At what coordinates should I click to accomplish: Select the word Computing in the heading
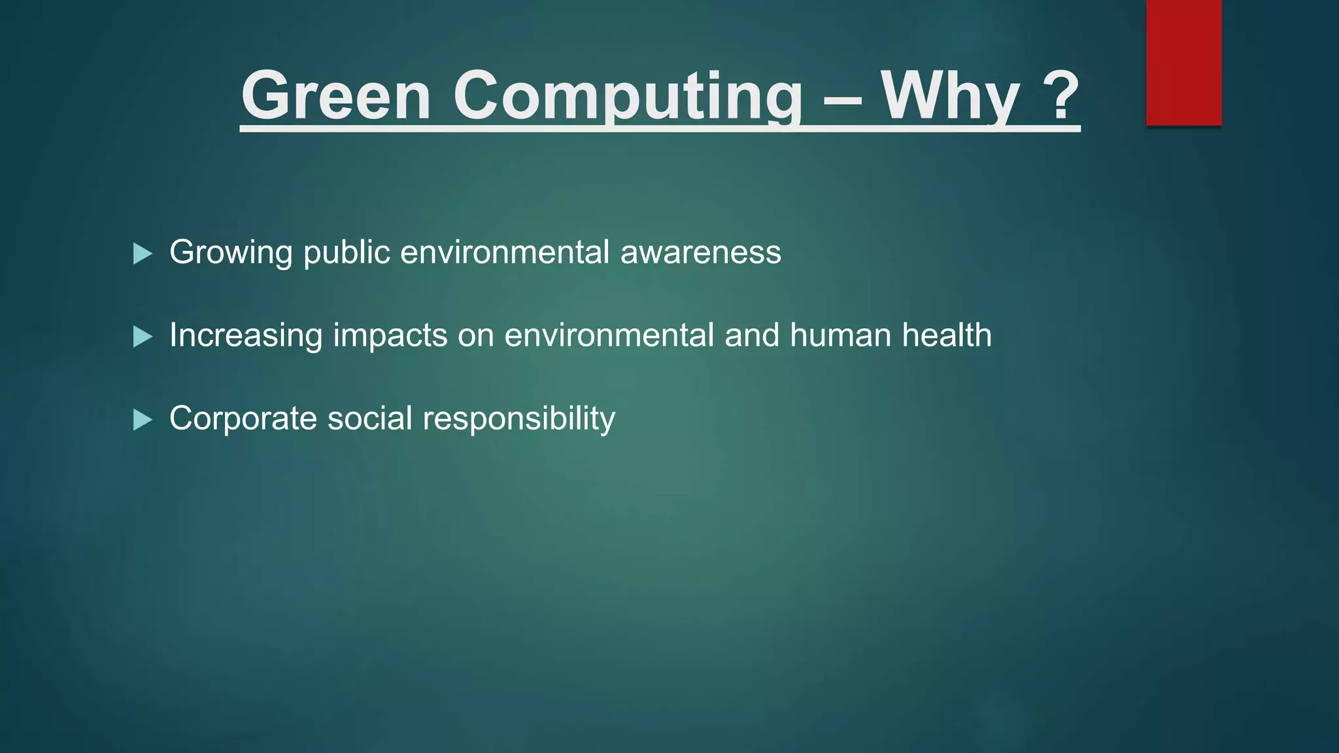coord(628,97)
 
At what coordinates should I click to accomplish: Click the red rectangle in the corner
coord(1183,63)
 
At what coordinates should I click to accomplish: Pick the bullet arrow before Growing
coord(143,253)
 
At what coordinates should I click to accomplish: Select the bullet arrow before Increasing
coord(143,337)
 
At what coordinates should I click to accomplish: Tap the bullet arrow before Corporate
coord(143,420)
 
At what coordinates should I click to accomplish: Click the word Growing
coord(231,253)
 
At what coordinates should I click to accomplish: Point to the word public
coord(347,253)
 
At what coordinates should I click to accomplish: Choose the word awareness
coord(700,252)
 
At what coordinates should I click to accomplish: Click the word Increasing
coord(246,335)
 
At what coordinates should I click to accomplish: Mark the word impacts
coord(390,336)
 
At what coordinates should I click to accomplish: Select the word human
coord(840,335)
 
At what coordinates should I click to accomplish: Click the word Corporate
coord(243,418)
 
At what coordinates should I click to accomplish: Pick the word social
coord(369,418)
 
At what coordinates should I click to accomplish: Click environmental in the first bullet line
coord(505,252)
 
